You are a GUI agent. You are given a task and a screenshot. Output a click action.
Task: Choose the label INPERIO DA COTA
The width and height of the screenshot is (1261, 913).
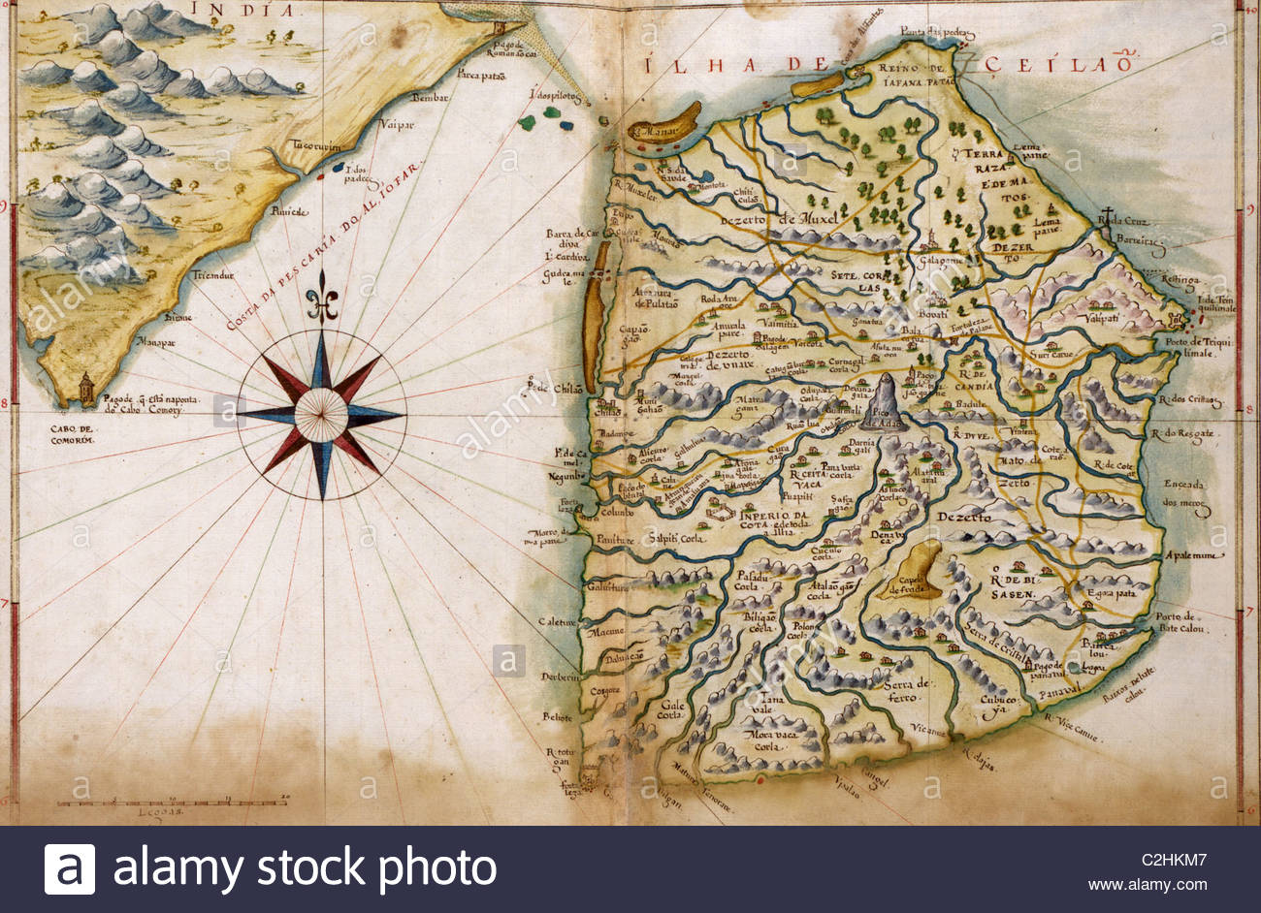tap(773, 520)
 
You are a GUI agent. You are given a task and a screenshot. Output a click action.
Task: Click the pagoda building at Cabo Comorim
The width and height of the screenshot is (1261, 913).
tap(86, 389)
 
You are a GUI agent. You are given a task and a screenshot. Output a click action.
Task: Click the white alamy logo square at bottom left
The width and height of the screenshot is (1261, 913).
tap(70, 869)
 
